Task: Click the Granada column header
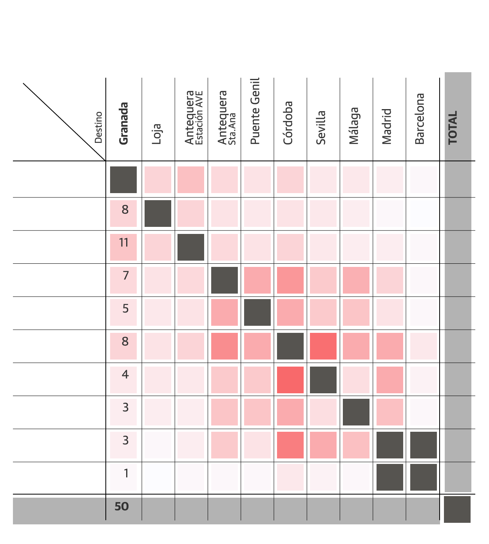(124, 123)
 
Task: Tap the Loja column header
(157, 133)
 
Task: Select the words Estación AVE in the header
(199, 118)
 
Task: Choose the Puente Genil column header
(255, 111)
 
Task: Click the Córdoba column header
(288, 123)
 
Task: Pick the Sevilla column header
(321, 128)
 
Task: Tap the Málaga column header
(354, 126)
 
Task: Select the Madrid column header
(387, 126)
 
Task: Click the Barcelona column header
(420, 119)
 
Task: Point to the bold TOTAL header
(453, 128)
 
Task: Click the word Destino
(98, 128)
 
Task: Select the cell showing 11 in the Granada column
(123, 247)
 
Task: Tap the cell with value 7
(123, 280)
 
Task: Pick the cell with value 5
(123, 312)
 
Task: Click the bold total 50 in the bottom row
(121, 507)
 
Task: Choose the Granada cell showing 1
(123, 477)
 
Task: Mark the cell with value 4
(123, 379)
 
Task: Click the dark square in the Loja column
(158, 214)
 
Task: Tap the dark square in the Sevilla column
(323, 380)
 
